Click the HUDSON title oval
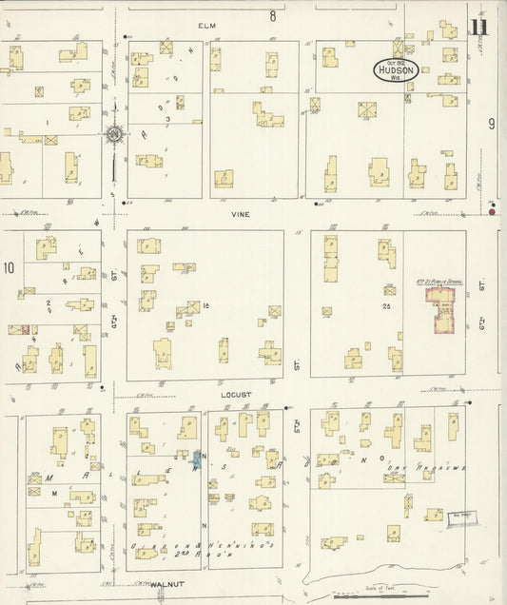(x=395, y=69)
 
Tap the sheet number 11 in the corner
(x=478, y=28)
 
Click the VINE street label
(x=239, y=215)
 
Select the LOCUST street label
(x=238, y=394)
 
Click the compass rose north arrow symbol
(x=114, y=135)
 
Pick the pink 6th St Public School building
(x=440, y=311)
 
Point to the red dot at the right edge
(x=493, y=211)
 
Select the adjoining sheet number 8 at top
(x=271, y=16)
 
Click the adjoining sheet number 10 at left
(x=9, y=268)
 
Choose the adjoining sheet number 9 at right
(x=492, y=124)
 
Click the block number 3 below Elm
(x=167, y=121)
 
